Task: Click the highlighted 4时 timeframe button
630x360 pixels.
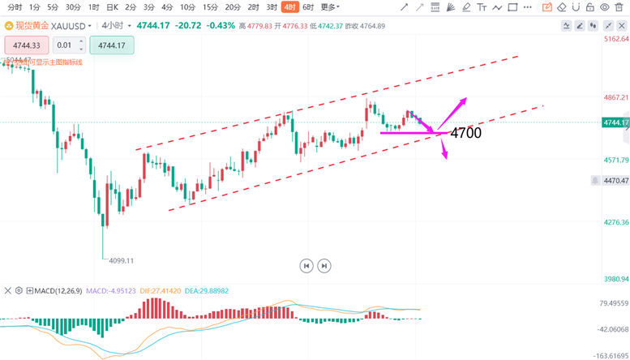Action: tap(289, 6)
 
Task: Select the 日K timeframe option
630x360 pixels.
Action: tap(112, 6)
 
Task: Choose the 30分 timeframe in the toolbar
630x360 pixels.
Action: tap(72, 6)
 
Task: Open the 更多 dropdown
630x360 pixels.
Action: tap(329, 6)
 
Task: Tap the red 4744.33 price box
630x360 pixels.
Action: tap(27, 45)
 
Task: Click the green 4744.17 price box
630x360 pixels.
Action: tap(111, 45)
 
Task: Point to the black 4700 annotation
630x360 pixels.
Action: tap(465, 132)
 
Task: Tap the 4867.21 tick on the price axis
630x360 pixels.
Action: tap(615, 97)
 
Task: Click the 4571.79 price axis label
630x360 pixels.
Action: tap(615, 160)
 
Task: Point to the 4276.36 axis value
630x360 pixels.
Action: tap(615, 222)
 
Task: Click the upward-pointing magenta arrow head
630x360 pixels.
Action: tap(465, 100)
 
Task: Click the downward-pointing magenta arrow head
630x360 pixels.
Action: tap(445, 156)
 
